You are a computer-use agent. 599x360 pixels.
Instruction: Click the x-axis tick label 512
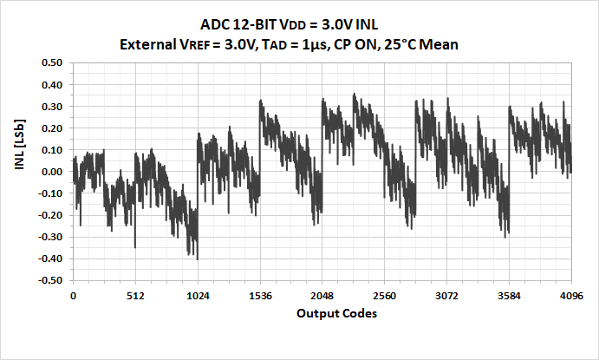(x=134, y=296)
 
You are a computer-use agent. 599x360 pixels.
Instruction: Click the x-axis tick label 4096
(x=570, y=296)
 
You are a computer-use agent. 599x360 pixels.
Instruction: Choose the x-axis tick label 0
(x=73, y=296)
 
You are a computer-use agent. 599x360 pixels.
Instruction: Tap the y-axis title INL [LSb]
(x=19, y=170)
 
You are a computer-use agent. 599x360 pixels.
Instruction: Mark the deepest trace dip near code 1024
(x=198, y=259)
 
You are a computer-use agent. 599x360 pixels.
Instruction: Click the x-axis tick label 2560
(x=384, y=296)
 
